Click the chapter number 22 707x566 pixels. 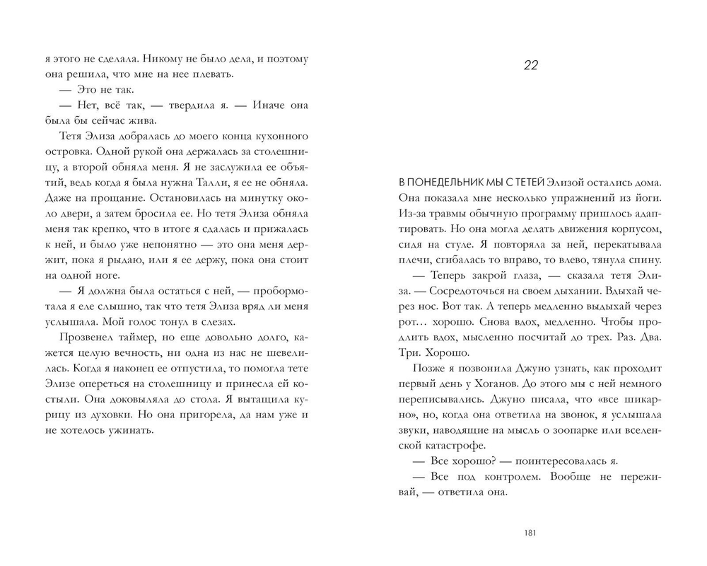click(532, 66)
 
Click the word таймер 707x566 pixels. click(134, 336)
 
